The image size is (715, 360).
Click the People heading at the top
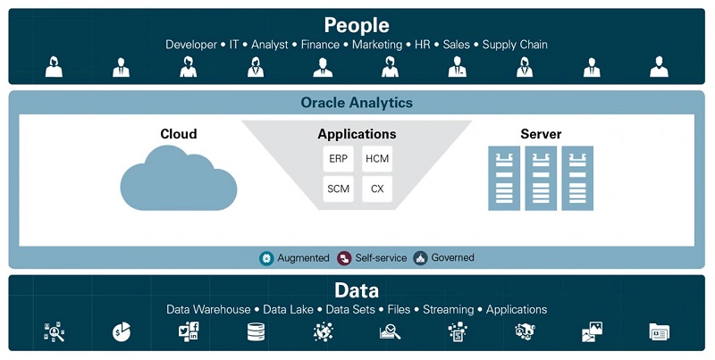pyautogui.click(x=357, y=25)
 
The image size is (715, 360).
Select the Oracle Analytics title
pyautogui.click(x=357, y=103)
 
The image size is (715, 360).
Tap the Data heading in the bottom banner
pyautogui.click(x=357, y=290)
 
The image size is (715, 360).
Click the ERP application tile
pyautogui.click(x=338, y=159)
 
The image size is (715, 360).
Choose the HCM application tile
pyautogui.click(x=377, y=159)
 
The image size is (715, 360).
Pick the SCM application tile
pyautogui.click(x=338, y=189)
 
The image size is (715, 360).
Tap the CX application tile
pyautogui.click(x=377, y=189)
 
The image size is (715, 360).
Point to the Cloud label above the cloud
pyautogui.click(x=179, y=134)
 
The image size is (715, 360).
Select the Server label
pyautogui.click(x=541, y=134)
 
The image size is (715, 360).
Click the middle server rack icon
pyautogui.click(x=541, y=179)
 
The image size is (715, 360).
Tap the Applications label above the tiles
pyautogui.click(x=357, y=134)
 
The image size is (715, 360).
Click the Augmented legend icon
pyautogui.click(x=266, y=258)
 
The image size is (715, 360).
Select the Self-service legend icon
pyautogui.click(x=344, y=258)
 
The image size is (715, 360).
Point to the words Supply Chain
pyautogui.click(x=515, y=45)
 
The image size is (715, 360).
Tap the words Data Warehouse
pyautogui.click(x=208, y=310)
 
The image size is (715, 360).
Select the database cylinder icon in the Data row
pyautogui.click(x=256, y=332)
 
